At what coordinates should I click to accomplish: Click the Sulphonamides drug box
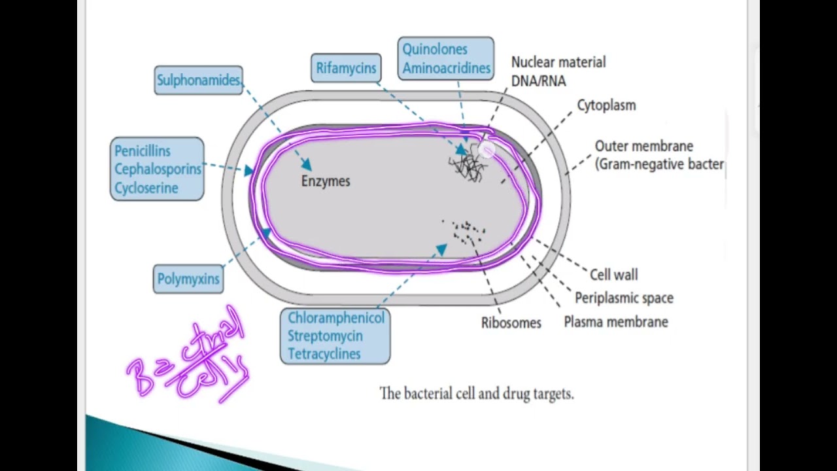(198, 80)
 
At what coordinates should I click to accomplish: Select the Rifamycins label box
(346, 68)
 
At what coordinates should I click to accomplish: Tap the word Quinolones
(435, 50)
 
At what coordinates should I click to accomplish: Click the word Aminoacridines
(446, 68)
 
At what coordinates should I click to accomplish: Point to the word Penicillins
(142, 151)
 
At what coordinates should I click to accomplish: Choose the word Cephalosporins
(158, 169)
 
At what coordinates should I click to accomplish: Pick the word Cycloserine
(146, 188)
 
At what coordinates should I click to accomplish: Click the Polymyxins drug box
(188, 279)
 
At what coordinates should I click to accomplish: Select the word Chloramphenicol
(336, 318)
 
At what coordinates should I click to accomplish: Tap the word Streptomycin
(325, 336)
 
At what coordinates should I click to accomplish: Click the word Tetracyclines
(324, 354)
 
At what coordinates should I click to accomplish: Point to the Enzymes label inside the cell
(326, 181)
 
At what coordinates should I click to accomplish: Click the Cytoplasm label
(606, 105)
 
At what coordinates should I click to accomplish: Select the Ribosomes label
(511, 323)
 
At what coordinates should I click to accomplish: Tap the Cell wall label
(613, 275)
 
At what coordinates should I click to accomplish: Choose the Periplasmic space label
(624, 298)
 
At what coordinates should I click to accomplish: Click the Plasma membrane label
(615, 322)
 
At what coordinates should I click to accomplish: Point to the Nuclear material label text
(558, 63)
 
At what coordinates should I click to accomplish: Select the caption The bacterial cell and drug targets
(476, 394)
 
